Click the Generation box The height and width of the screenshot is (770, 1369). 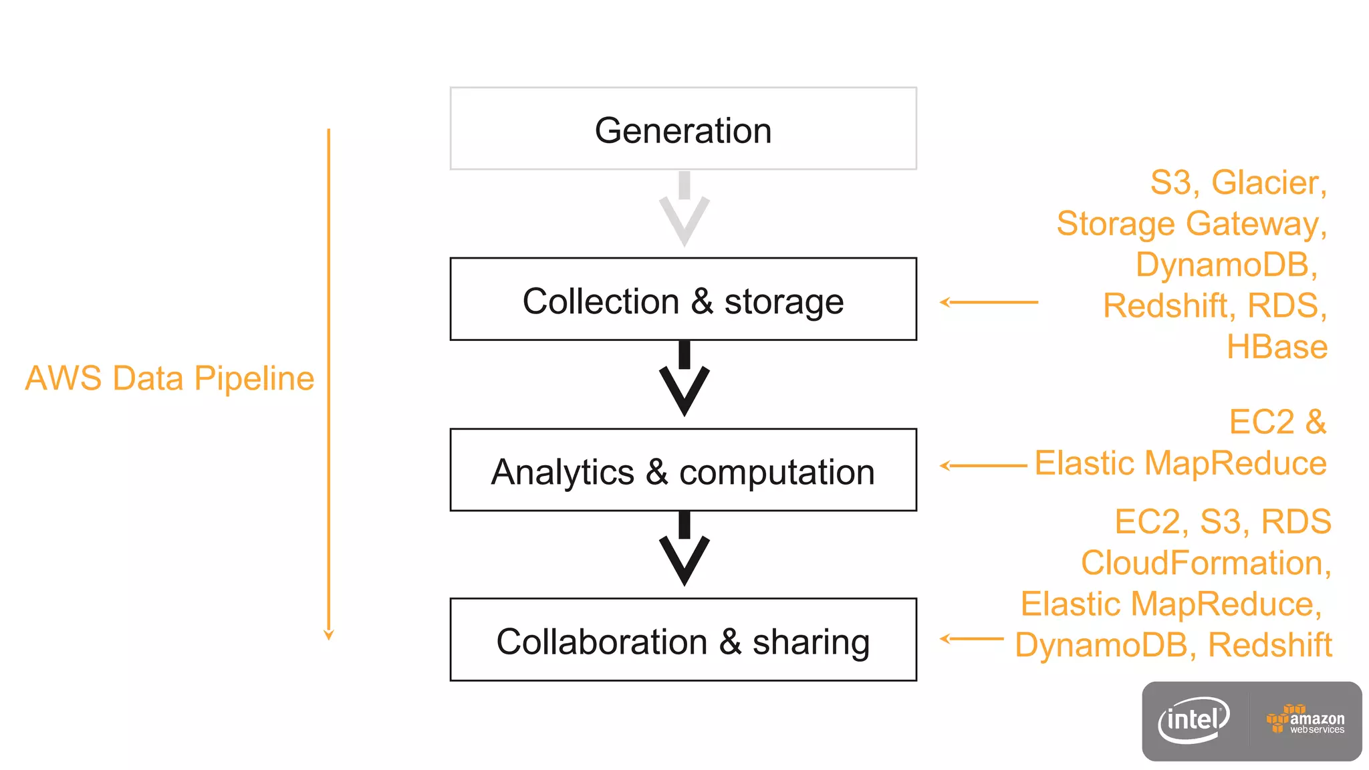(683, 128)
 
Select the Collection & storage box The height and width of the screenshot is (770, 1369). (683, 299)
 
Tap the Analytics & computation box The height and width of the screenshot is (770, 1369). (683, 471)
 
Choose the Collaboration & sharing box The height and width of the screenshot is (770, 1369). (683, 640)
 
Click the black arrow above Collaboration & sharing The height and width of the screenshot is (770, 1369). (684, 552)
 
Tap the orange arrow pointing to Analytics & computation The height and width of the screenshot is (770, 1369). (983, 465)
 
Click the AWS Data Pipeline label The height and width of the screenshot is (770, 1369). (170, 378)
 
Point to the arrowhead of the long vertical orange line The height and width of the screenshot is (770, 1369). (328, 634)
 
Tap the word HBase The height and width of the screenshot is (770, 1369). (1277, 347)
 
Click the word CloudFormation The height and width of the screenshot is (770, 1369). (1205, 563)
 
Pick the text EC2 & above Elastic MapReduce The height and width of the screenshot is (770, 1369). (1277, 422)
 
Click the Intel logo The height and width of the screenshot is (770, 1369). (1193, 720)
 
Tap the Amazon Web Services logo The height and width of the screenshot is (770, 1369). (1305, 721)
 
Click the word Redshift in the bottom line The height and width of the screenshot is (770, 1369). (1270, 645)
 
